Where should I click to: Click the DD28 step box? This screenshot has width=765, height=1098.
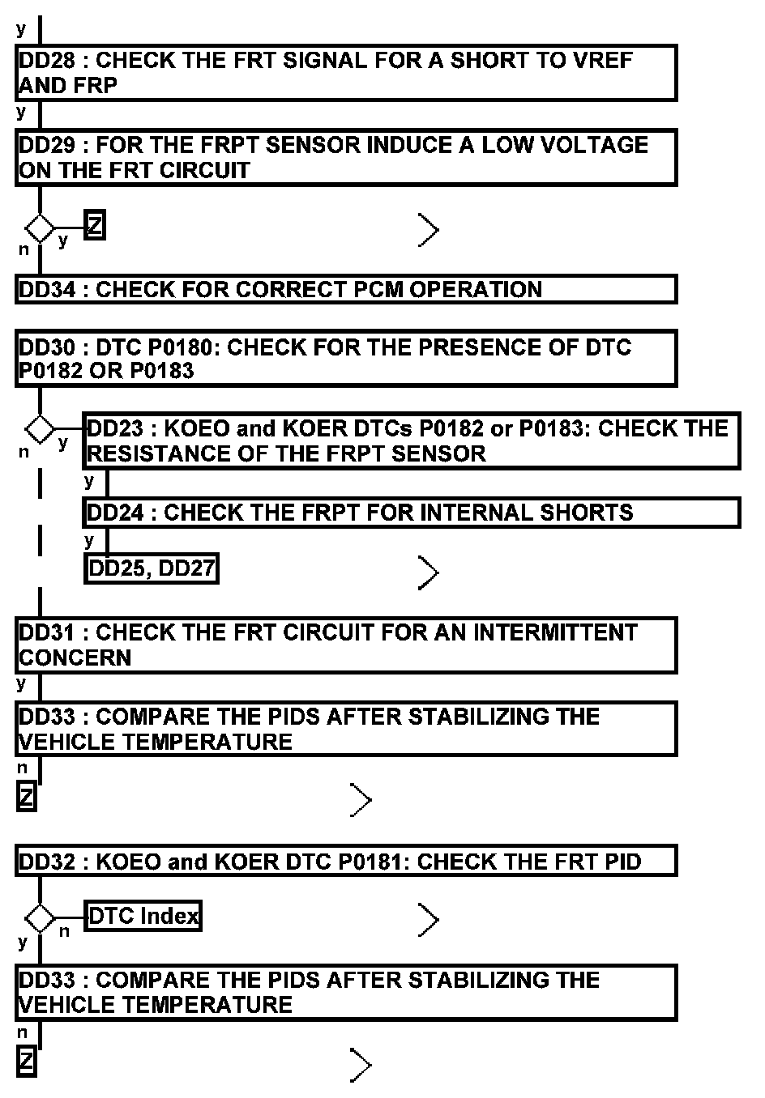pyautogui.click(x=345, y=73)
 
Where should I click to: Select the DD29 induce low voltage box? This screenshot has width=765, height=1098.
pyautogui.click(x=345, y=158)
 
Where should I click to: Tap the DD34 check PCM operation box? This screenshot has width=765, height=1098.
pyautogui.click(x=345, y=289)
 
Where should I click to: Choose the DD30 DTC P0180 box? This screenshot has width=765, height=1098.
pyautogui.click(x=345, y=358)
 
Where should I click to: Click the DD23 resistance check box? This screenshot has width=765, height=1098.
pyautogui.click(x=411, y=441)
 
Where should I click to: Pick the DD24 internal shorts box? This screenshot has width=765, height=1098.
pyautogui.click(x=411, y=513)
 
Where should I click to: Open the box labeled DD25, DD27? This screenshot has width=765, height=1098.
pyautogui.click(x=152, y=568)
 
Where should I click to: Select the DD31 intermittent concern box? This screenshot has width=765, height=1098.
pyautogui.click(x=345, y=645)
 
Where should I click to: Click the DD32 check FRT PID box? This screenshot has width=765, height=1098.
pyautogui.click(x=345, y=862)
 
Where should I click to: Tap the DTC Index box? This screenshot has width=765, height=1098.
pyautogui.click(x=143, y=916)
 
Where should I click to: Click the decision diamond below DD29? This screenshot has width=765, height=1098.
pyautogui.click(x=40, y=228)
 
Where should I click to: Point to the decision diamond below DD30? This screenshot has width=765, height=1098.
pyautogui.click(x=40, y=427)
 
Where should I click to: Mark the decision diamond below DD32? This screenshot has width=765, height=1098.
pyautogui.click(x=40, y=918)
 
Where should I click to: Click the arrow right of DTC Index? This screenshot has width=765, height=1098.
pyautogui.click(x=429, y=920)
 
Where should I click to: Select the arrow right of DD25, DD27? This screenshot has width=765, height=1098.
pyautogui.click(x=429, y=573)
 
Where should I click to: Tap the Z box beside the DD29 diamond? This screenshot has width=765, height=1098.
pyautogui.click(x=95, y=226)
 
